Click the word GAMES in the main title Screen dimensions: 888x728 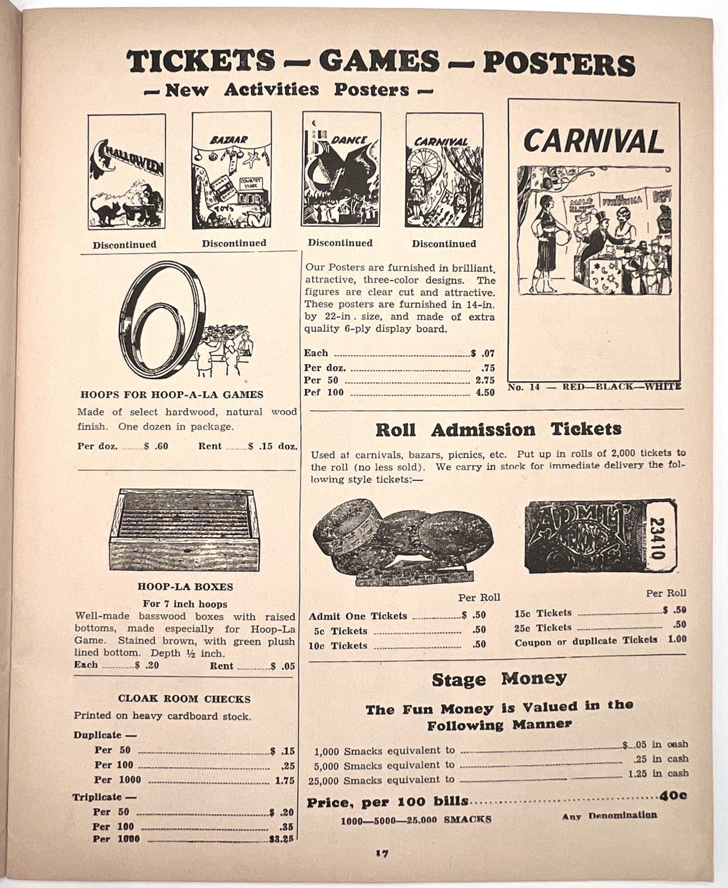378,63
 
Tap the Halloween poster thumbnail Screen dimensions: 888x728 127,171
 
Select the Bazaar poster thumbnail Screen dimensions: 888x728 231,170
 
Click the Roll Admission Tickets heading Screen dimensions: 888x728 498,430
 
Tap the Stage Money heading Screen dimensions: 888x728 499,679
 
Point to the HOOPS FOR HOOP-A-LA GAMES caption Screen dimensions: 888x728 171,394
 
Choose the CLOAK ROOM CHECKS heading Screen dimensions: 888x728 184,699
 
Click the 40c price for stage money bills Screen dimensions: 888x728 673,796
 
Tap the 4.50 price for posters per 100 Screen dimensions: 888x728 485,392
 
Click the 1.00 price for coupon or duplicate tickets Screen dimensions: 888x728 677,639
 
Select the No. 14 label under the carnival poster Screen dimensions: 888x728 524,387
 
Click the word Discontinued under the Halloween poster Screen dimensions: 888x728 124,245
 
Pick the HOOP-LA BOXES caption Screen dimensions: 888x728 185,587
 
